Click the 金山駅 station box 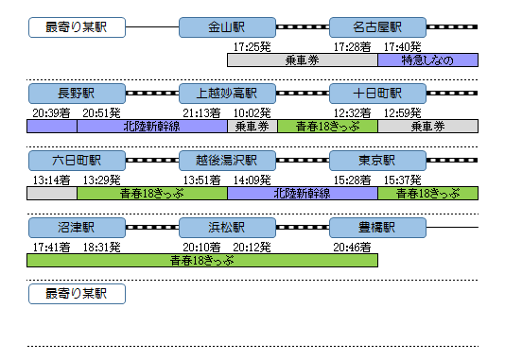click(x=227, y=27)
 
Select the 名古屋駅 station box click(x=377, y=27)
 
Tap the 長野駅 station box click(x=76, y=94)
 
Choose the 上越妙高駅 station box click(x=227, y=94)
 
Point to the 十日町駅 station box click(x=377, y=94)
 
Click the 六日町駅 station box click(x=76, y=161)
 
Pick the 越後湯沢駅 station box click(x=227, y=161)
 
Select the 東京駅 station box click(x=377, y=161)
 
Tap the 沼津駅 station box click(x=76, y=228)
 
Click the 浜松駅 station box click(x=227, y=228)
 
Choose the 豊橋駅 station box click(x=377, y=228)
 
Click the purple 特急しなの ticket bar click(x=427, y=60)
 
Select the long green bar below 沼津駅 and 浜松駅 click(x=202, y=260)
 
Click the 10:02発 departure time click(x=252, y=112)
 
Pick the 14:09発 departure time click(x=252, y=180)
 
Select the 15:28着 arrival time click(x=352, y=180)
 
